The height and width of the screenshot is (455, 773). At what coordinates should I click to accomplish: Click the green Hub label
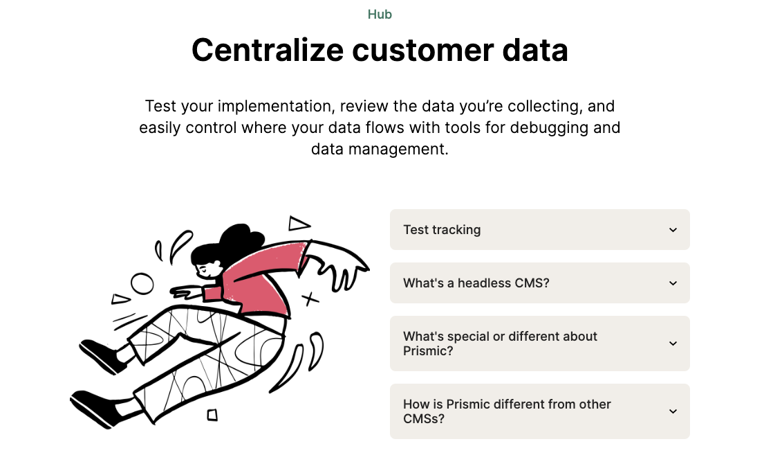(380, 15)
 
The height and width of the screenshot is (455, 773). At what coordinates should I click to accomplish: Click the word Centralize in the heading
(267, 50)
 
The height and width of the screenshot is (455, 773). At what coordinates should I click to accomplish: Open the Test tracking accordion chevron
(673, 230)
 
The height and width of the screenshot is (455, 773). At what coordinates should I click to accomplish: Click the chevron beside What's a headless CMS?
(673, 283)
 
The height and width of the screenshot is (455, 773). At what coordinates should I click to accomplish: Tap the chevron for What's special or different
(673, 344)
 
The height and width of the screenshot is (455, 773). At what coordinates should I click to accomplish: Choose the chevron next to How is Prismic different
(673, 411)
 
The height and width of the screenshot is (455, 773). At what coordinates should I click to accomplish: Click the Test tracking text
(442, 230)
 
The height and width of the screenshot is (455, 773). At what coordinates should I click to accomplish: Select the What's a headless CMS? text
(476, 283)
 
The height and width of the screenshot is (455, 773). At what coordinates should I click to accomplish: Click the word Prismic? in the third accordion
(428, 350)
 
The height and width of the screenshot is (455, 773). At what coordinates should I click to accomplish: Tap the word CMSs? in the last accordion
(424, 418)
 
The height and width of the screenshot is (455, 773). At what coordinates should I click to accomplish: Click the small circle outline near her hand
(142, 283)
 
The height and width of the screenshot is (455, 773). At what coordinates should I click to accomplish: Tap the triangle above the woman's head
(299, 224)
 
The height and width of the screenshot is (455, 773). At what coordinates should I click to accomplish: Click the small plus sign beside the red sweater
(310, 299)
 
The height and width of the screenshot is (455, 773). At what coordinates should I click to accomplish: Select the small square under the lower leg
(212, 415)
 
